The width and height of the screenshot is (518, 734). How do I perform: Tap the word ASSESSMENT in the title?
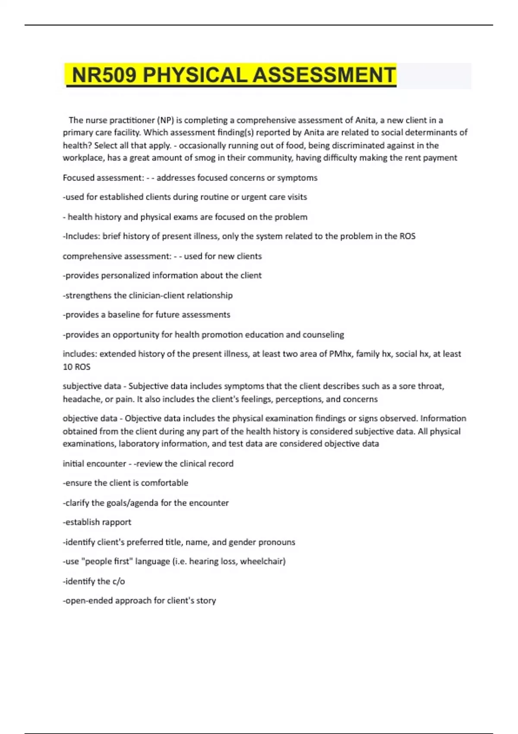click(324, 75)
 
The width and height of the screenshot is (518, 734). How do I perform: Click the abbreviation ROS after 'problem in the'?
click(407, 236)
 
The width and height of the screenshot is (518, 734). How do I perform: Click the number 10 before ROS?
click(67, 367)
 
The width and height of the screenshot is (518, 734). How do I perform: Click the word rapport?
click(117, 522)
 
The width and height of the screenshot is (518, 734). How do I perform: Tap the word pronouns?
click(277, 542)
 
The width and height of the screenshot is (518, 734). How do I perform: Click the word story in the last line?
click(205, 601)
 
